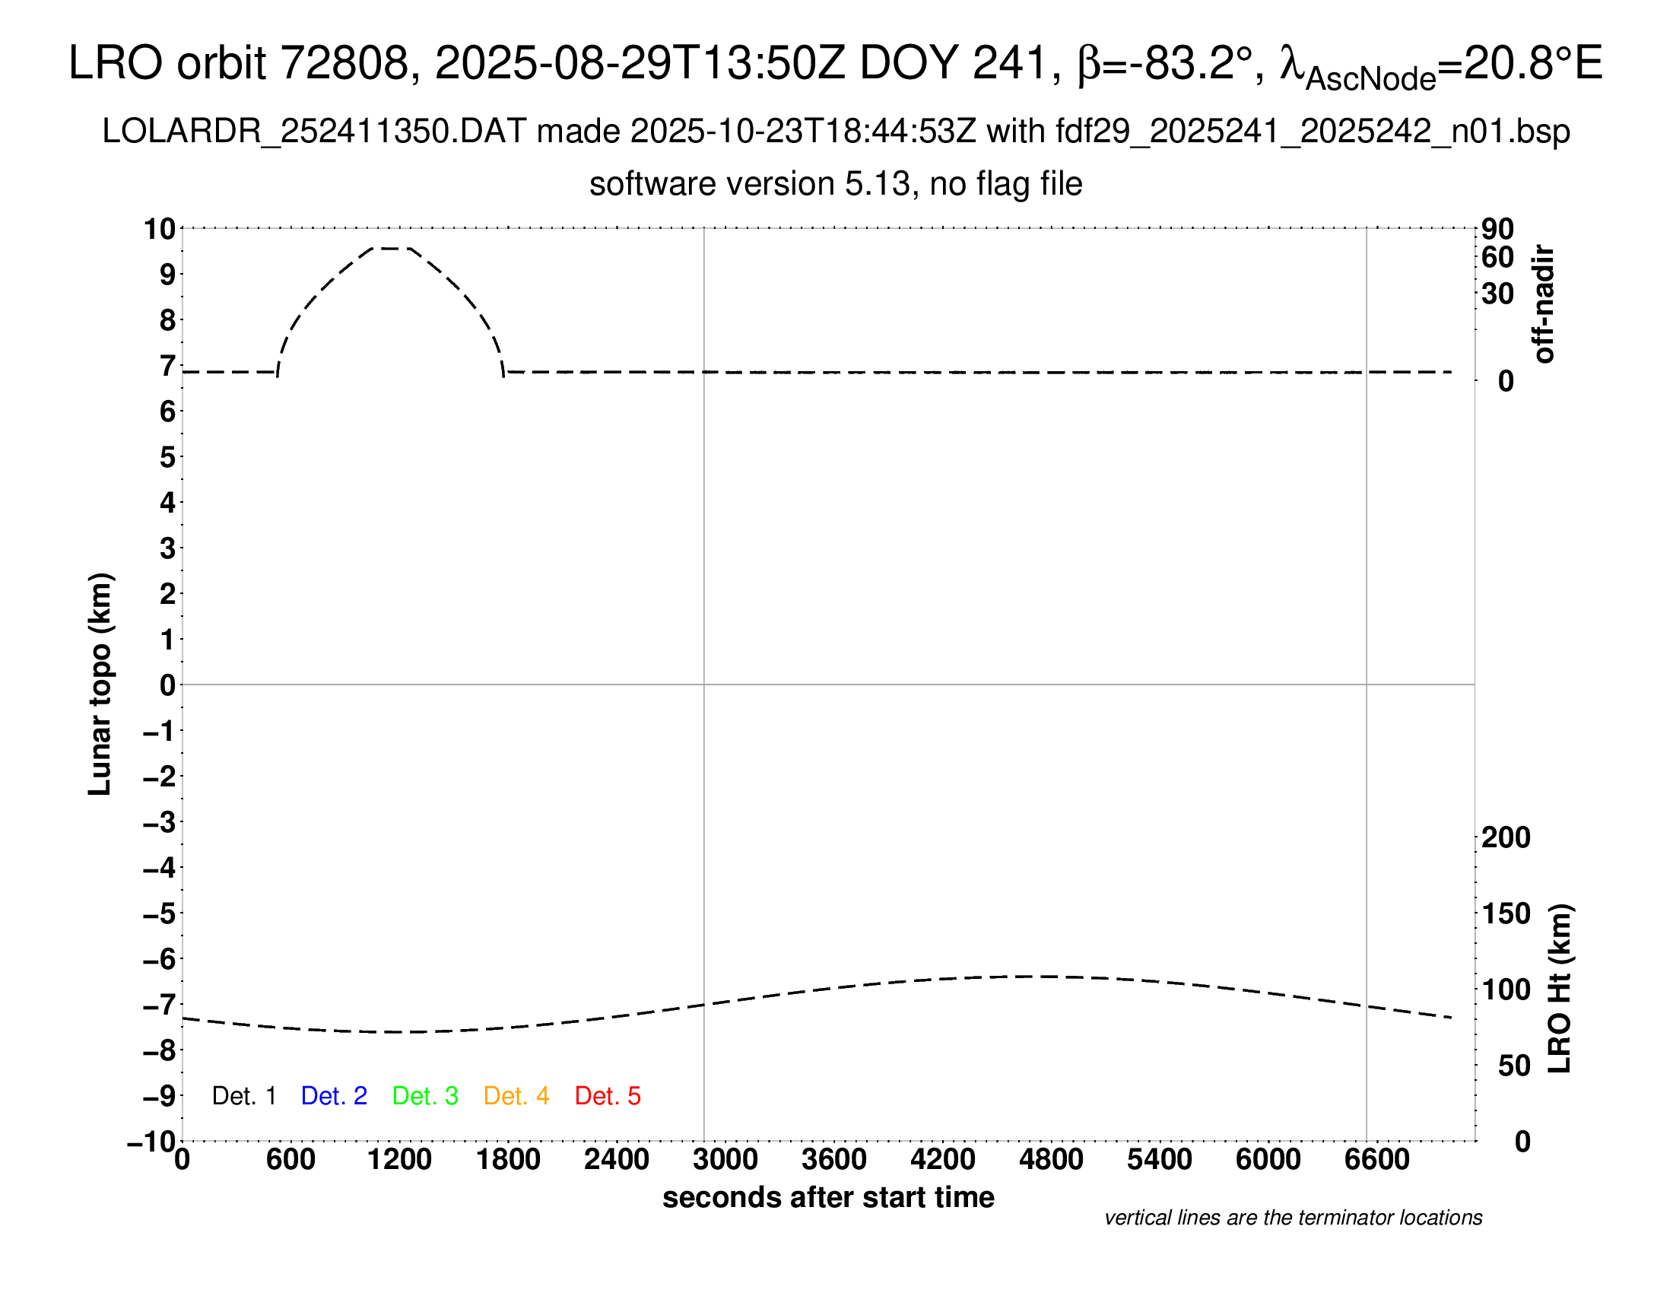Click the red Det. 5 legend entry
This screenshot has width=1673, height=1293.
608,1096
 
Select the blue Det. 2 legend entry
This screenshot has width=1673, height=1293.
334,1096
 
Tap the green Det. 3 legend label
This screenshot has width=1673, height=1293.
425,1096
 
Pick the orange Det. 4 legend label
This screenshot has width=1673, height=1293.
516,1096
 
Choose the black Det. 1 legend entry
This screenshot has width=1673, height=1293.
243,1096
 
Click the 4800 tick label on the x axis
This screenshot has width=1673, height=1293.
1051,1160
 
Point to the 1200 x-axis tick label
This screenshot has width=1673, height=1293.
399,1160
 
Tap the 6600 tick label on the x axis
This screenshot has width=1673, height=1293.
1376,1160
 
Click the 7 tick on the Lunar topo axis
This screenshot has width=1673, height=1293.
168,366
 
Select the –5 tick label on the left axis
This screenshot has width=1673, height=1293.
160,913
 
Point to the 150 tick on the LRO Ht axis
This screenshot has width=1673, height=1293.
1505,913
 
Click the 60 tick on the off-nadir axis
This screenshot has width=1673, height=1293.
1497,257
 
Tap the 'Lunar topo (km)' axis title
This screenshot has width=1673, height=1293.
100,684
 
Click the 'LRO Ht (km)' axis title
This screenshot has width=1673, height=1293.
1560,989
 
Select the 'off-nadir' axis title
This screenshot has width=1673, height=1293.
1544,304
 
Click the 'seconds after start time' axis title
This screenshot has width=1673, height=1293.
828,1197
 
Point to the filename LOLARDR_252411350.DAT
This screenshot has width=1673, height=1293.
313,132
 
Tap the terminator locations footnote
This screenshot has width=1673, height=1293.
1293,1218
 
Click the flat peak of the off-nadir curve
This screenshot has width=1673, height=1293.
391,248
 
